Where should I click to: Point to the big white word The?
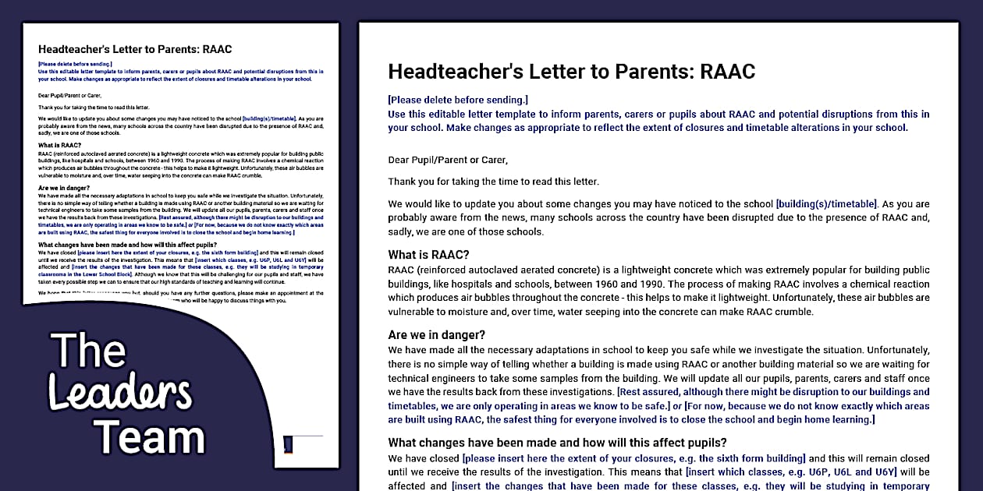click(88, 351)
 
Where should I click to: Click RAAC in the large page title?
click(727, 72)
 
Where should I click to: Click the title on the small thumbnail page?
click(135, 49)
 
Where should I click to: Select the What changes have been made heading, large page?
click(557, 443)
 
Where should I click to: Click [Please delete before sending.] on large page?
click(457, 100)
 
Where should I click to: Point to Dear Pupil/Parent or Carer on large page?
click(447, 160)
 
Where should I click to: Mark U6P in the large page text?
click(828, 472)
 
